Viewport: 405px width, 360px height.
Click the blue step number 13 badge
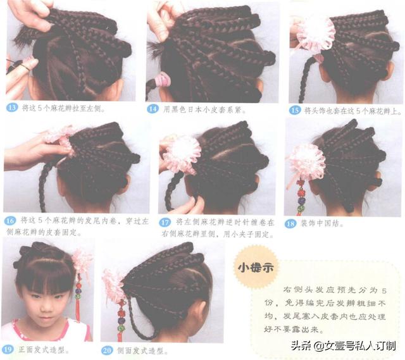pos(12,108)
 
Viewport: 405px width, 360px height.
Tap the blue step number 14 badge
pos(153,109)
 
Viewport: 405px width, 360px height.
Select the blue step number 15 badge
pos(295,110)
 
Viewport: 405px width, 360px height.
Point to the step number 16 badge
pos(10,221)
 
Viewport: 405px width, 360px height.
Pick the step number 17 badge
pos(165,222)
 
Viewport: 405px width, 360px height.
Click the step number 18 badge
pos(290,223)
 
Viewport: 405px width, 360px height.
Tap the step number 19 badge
pos(8,349)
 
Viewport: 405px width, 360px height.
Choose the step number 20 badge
pos(107,351)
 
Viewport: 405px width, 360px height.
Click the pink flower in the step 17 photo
pos(182,154)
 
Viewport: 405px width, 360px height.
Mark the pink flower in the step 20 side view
pos(114,286)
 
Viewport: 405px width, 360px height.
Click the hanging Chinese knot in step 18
pos(301,197)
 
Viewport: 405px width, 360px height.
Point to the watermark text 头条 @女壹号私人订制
pos(343,345)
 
